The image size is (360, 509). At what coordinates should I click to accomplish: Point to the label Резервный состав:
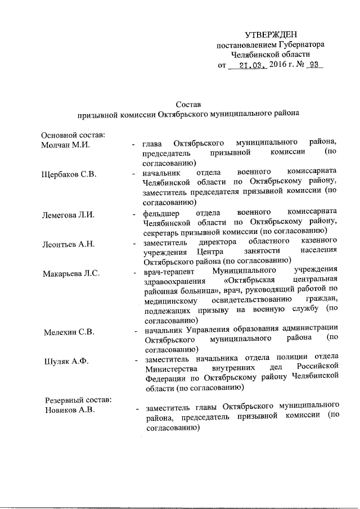[79, 399]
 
